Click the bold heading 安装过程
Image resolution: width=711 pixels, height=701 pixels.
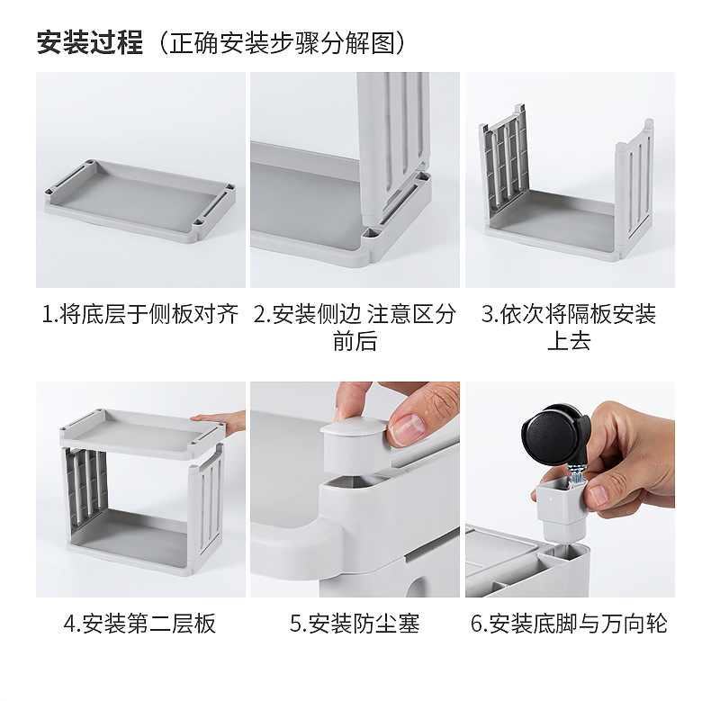[x=90, y=42]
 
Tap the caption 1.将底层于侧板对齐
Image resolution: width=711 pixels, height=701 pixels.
[x=140, y=314]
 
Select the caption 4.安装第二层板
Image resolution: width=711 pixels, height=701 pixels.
[x=139, y=623]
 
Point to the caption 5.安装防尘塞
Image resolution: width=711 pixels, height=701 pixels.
[x=355, y=623]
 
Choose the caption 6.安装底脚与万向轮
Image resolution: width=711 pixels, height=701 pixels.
[x=569, y=623]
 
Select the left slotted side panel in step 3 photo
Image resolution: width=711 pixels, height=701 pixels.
[x=504, y=163]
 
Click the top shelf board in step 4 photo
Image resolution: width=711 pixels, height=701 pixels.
[x=142, y=432]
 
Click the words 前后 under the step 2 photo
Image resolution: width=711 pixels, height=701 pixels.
[x=355, y=341]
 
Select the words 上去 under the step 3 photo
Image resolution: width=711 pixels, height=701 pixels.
[x=569, y=341]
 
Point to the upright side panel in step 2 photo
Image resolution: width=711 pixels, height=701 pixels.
[x=393, y=145]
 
